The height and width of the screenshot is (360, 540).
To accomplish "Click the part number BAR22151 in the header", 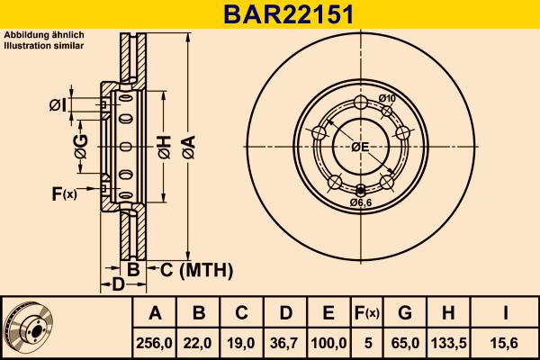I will click(x=269, y=13).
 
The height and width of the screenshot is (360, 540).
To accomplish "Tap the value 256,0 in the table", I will click(x=155, y=342).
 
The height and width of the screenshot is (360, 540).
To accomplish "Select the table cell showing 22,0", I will click(x=199, y=342).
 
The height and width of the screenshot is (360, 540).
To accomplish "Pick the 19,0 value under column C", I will click(x=242, y=342).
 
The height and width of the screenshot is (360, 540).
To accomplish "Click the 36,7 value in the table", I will click(x=285, y=342).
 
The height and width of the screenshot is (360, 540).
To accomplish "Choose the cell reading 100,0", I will click(x=328, y=342).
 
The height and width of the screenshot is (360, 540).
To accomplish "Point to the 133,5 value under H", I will click(x=447, y=342).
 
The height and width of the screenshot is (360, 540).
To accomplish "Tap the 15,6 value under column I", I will click(x=507, y=342).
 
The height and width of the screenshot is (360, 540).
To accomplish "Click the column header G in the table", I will click(x=405, y=313).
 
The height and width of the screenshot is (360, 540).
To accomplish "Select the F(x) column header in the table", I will click(x=367, y=313).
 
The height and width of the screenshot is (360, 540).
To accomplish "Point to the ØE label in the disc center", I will click(x=360, y=147).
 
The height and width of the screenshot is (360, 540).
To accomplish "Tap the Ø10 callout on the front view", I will click(x=387, y=98).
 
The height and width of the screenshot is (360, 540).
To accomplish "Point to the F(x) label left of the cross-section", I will click(x=65, y=193).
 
